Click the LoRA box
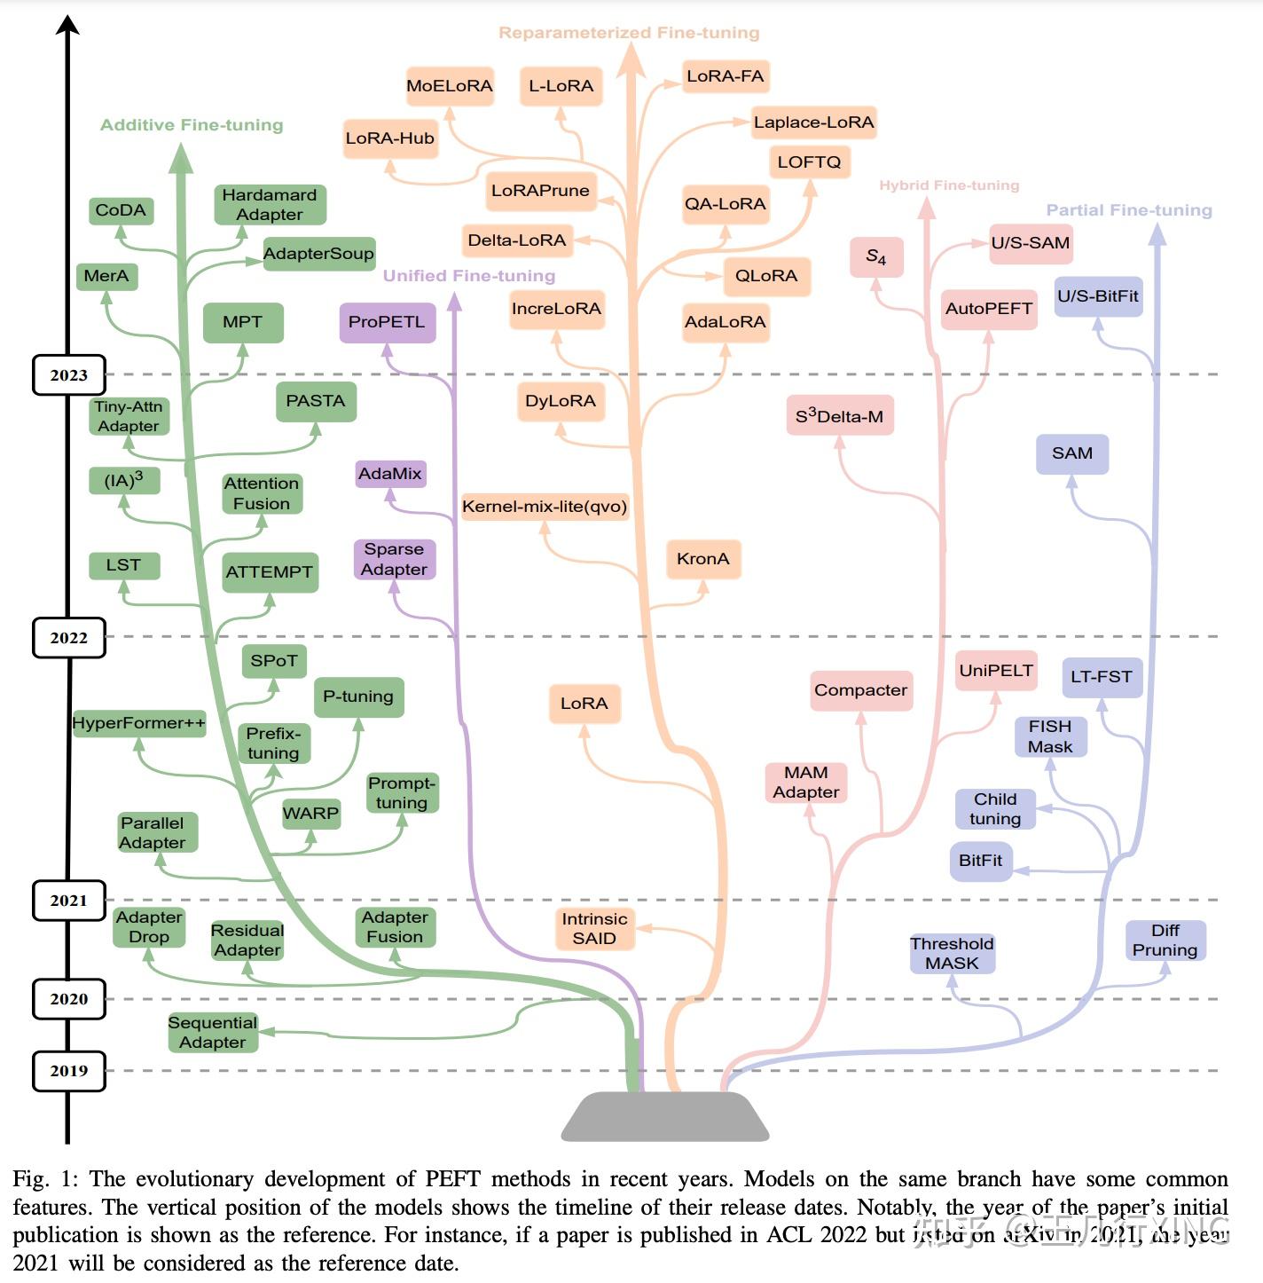584,704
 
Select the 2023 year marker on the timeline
69,375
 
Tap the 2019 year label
69,1071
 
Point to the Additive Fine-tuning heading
192,125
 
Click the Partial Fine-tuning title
1128,210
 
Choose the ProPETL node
387,322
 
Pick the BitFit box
980,861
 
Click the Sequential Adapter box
213,1033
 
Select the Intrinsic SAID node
594,929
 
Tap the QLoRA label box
766,276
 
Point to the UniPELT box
996,671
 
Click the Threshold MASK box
952,954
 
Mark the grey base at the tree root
664,1116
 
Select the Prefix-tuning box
273,744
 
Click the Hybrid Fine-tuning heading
949,185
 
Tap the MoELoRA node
450,86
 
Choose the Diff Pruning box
1165,941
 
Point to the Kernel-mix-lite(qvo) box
545,507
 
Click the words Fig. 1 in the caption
44,1179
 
